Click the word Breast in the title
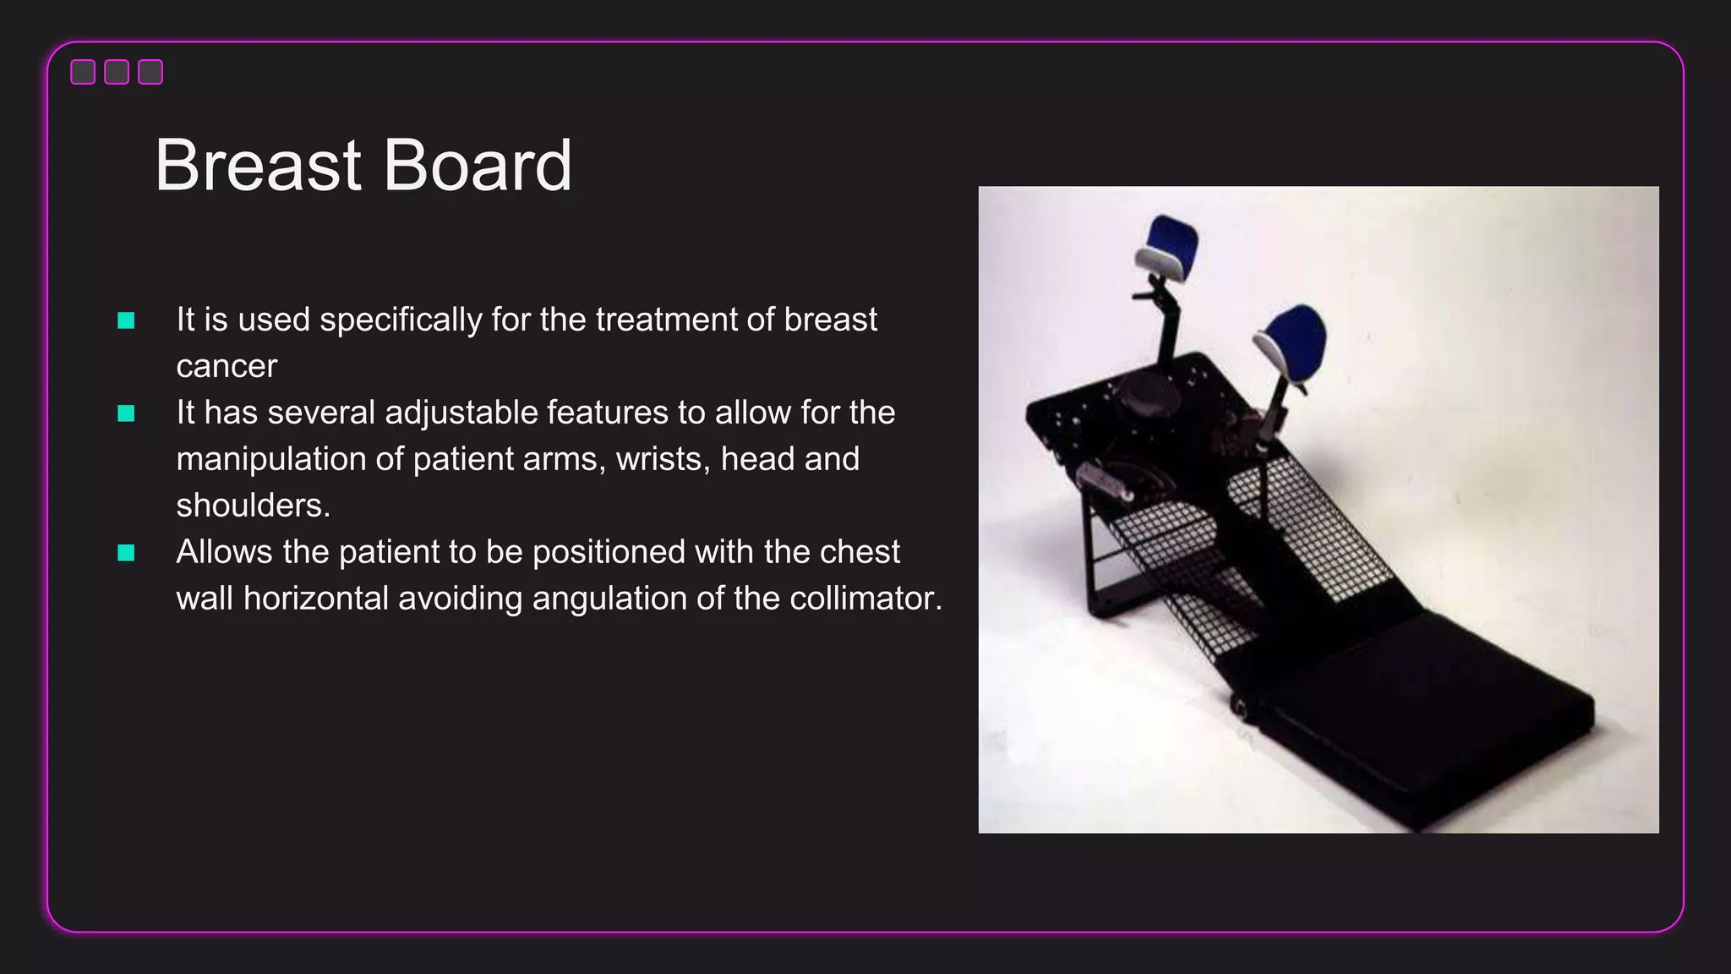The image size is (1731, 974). pyautogui.click(x=258, y=165)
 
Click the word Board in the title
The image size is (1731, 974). pyautogui.click(x=478, y=165)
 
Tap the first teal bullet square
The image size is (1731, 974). pyautogui.click(x=126, y=320)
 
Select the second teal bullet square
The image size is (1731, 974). pyautogui.click(x=126, y=413)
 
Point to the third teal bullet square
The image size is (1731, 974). pyautogui.click(x=126, y=553)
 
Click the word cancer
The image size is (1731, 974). pyautogui.click(x=227, y=367)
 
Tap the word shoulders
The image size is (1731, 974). pyautogui.click(x=252, y=506)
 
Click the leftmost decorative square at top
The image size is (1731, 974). pyautogui.click(x=83, y=72)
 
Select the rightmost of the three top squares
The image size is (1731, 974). pyautogui.click(x=150, y=72)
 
